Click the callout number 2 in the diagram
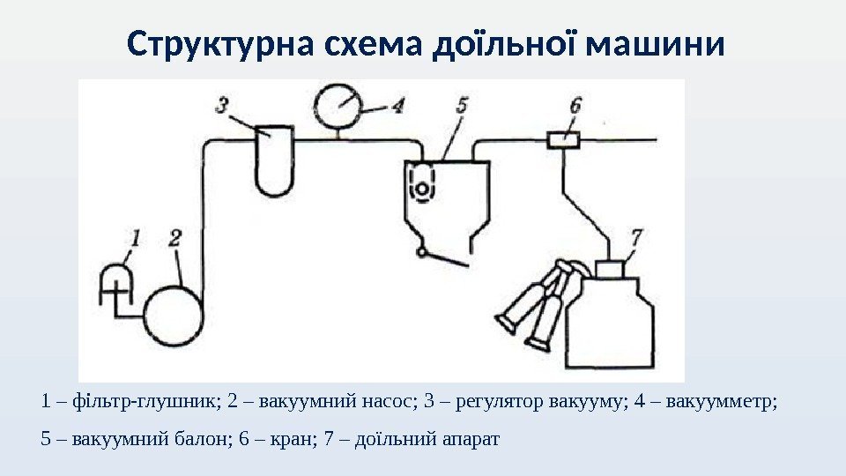click(175, 238)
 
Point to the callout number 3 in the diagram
click(225, 105)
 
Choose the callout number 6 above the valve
click(575, 105)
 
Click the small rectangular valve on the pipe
click(563, 139)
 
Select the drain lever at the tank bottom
click(445, 258)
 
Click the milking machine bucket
click(609, 317)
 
